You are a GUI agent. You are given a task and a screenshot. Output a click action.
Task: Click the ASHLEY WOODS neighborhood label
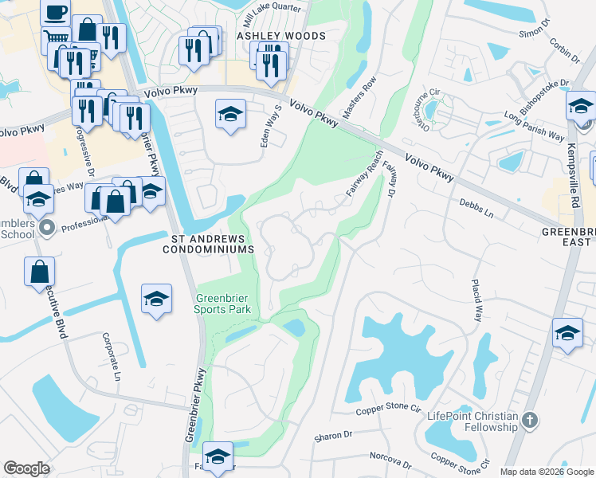[x=281, y=36]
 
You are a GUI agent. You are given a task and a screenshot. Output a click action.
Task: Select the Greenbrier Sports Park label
[x=224, y=304]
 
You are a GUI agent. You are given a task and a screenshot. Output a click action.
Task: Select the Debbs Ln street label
[x=476, y=209]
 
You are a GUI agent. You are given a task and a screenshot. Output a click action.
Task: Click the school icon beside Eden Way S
[x=229, y=114]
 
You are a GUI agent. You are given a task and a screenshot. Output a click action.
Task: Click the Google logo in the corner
[x=26, y=468]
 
